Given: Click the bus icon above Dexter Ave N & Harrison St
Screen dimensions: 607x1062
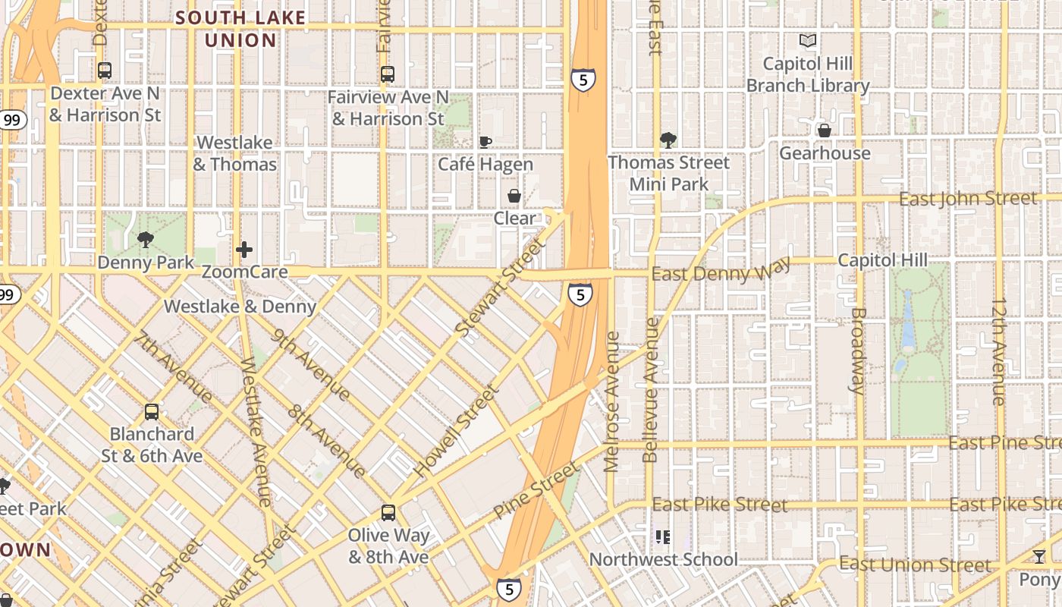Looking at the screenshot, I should pyautogui.click(x=105, y=71).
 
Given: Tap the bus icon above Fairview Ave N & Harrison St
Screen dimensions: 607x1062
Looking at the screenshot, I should pyautogui.click(x=388, y=74).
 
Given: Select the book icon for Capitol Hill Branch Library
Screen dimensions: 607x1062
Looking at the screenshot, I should pyautogui.click(x=809, y=41).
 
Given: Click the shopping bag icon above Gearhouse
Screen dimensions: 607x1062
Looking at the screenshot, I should pyautogui.click(x=825, y=131).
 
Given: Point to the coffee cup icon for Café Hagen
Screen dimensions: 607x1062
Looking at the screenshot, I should pyautogui.click(x=485, y=142).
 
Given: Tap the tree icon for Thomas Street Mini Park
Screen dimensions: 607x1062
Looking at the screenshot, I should pyautogui.click(x=668, y=140).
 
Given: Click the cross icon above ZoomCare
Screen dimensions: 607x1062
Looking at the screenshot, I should pyautogui.click(x=244, y=249).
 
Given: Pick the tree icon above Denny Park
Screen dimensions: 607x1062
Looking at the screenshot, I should pyautogui.click(x=145, y=241).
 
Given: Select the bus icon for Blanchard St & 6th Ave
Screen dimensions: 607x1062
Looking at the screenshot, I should pyautogui.click(x=152, y=412).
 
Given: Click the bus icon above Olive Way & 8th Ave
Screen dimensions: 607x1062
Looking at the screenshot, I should pyautogui.click(x=388, y=512).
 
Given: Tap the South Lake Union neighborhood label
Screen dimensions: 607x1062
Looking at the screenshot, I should pyautogui.click(x=241, y=29).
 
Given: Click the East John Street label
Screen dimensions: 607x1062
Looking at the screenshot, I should pyautogui.click(x=967, y=199).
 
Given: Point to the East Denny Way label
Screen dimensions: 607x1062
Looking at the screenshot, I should pyautogui.click(x=721, y=270).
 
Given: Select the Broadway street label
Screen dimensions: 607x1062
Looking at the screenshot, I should pyautogui.click(x=858, y=350).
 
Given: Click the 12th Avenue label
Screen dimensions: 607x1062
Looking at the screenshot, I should pyautogui.click(x=999, y=352).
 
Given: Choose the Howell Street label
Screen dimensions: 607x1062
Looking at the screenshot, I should pyautogui.click(x=457, y=430).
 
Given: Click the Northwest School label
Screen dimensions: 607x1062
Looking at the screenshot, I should pyautogui.click(x=663, y=560).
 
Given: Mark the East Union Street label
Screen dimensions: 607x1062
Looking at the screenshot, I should pyautogui.click(x=915, y=565).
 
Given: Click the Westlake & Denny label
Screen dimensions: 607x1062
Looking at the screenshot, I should pyautogui.click(x=240, y=307).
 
